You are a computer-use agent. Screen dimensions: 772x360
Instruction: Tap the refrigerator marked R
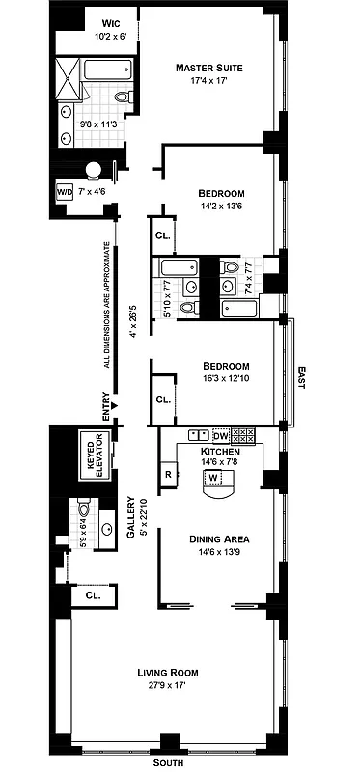click(x=168, y=475)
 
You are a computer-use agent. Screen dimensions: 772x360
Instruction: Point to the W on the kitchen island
click(x=212, y=477)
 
